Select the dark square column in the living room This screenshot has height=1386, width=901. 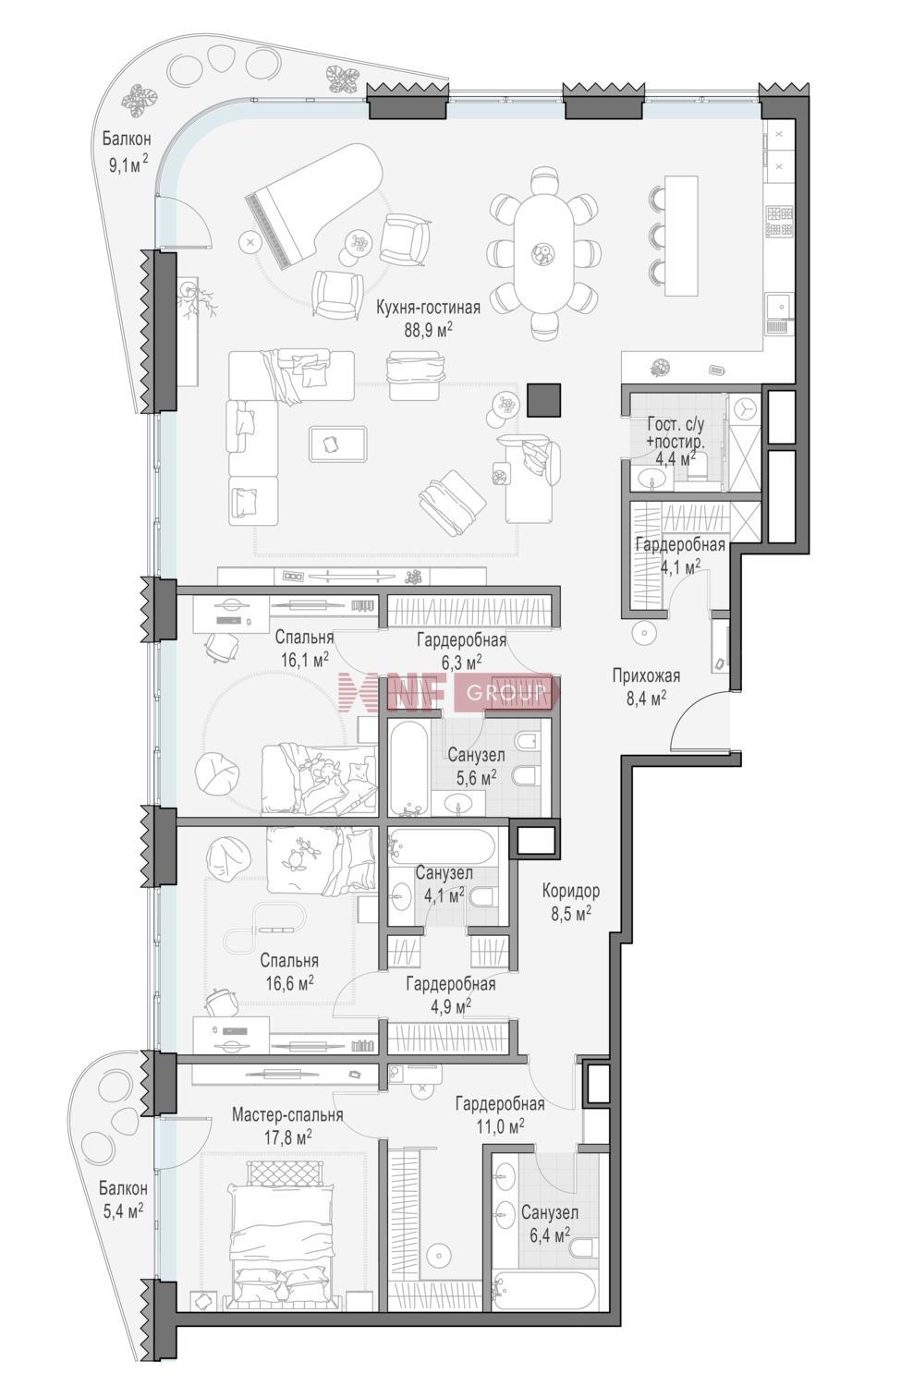coord(544,400)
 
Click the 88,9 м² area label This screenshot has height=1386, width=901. coord(428,329)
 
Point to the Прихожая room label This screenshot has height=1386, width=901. coord(646,675)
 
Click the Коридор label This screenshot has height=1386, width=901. coord(570,891)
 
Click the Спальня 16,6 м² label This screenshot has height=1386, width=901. coord(289,971)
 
